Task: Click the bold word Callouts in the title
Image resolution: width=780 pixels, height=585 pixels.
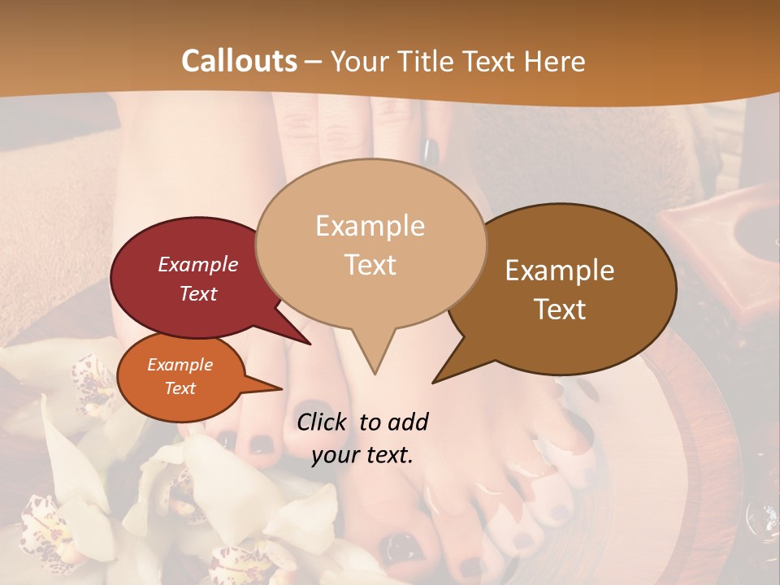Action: [239, 61]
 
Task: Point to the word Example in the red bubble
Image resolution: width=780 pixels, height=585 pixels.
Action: [198, 264]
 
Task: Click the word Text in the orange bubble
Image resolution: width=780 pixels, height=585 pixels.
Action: [180, 388]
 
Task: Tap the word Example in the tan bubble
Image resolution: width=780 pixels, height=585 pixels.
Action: [370, 226]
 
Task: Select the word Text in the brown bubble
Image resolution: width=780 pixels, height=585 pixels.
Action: [561, 310]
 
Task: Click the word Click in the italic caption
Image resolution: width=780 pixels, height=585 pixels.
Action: [323, 422]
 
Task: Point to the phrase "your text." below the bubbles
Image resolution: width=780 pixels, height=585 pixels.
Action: [362, 455]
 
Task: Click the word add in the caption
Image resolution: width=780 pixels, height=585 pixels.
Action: [408, 422]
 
